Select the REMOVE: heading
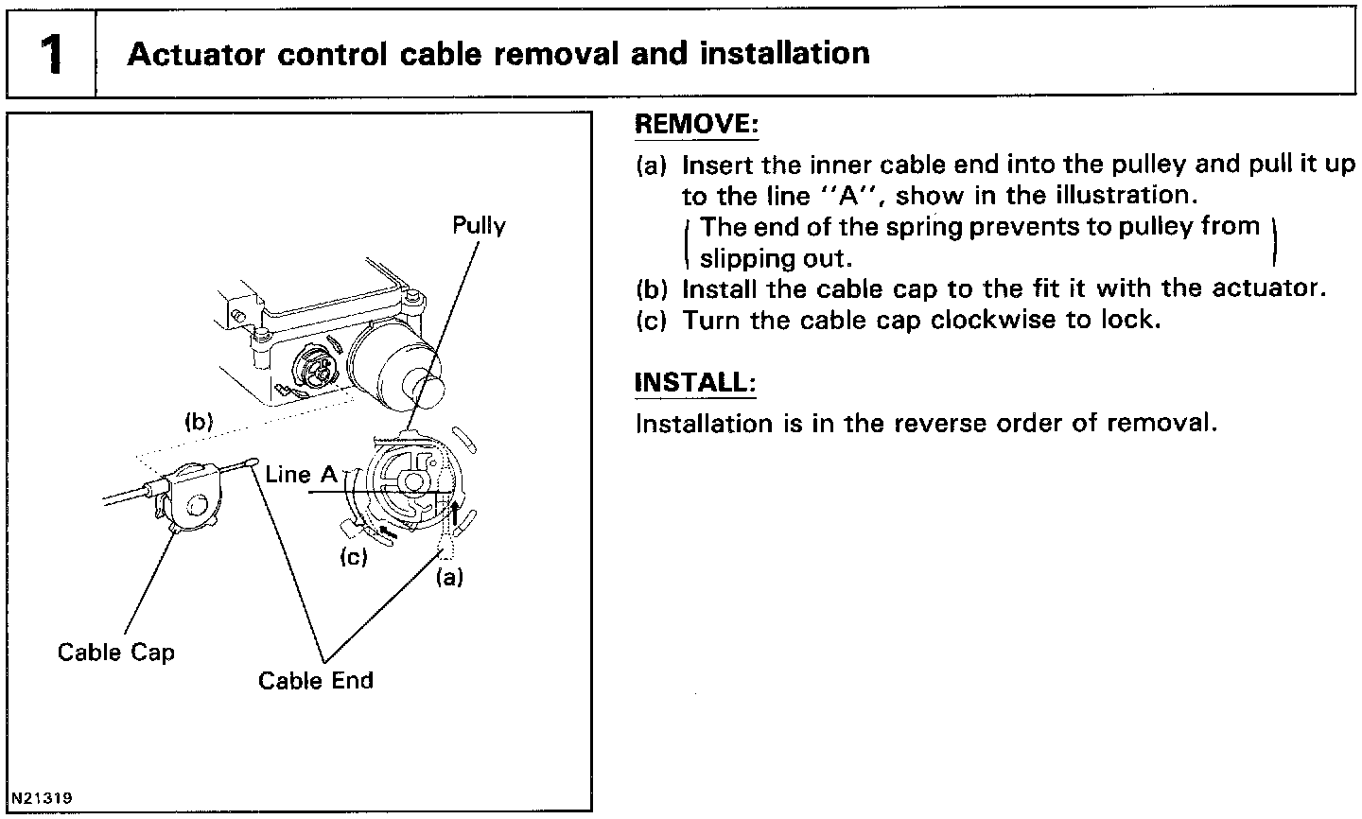pos(696,125)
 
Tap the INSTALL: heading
pos(695,383)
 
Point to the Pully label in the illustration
pos(479,226)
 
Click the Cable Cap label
pos(115,653)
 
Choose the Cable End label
pos(316,681)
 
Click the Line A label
pos(301,475)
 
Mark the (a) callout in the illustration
pos(448,576)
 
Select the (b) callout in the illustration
pos(198,422)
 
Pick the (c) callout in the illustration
pos(353,557)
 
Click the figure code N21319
pos(42,796)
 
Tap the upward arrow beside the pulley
pos(456,514)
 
